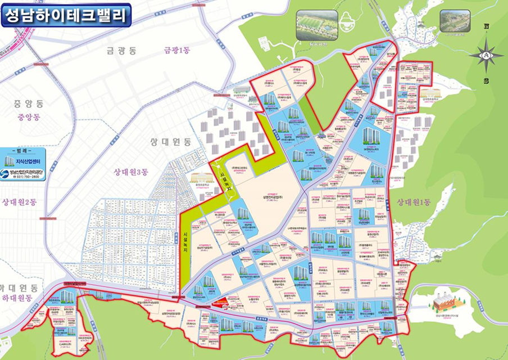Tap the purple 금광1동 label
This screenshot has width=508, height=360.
tap(177, 50)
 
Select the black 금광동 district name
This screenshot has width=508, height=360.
tap(121, 51)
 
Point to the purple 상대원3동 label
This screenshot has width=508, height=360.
tap(133, 172)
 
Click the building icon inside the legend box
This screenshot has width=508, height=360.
tap(10, 161)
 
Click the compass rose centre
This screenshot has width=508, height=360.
tap(485, 55)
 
